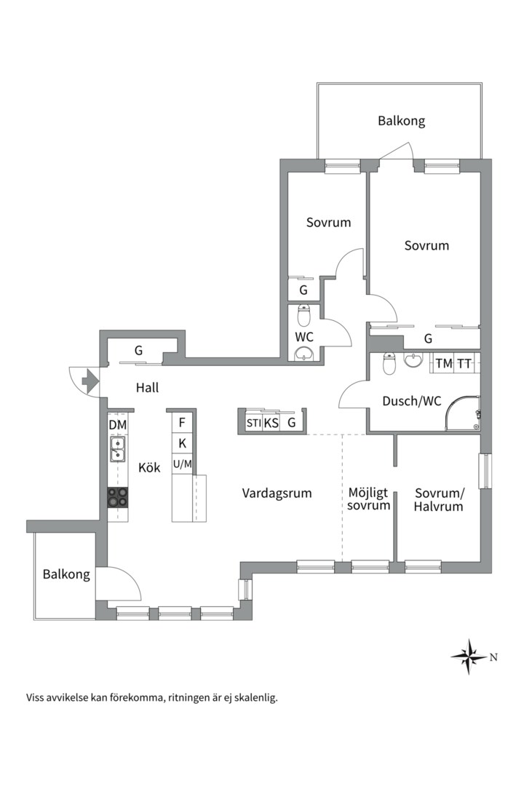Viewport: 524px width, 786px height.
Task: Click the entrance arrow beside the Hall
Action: tap(90, 381)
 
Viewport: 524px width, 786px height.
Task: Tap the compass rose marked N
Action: tap(469, 656)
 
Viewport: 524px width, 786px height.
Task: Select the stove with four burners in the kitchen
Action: tap(118, 497)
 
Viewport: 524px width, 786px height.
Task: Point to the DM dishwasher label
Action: tap(118, 425)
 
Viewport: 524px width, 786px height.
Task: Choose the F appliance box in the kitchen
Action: tap(183, 423)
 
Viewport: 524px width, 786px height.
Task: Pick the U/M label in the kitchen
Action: tap(183, 464)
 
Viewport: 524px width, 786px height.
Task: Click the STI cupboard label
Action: tap(254, 423)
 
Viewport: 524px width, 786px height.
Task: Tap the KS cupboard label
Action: tap(271, 423)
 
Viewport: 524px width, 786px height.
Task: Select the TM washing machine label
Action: tap(444, 363)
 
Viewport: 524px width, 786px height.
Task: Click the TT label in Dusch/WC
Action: tap(464, 363)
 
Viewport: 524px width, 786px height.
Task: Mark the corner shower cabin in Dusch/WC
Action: tap(462, 413)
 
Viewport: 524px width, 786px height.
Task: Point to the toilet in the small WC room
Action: tap(304, 315)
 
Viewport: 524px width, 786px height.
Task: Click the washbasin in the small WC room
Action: tap(304, 354)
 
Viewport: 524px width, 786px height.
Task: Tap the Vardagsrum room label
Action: tap(277, 493)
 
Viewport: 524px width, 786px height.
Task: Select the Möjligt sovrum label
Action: tap(368, 499)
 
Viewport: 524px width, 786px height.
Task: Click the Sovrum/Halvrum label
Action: tap(440, 500)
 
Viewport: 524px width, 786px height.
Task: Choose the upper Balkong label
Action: tap(402, 121)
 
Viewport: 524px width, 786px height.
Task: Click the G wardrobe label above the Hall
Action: tap(138, 351)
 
